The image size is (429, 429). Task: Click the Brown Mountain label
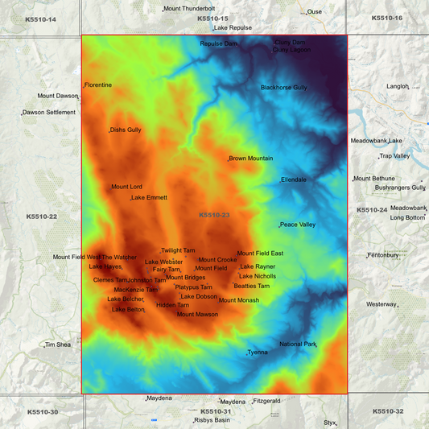[251, 159]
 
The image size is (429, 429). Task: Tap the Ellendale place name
[294, 179]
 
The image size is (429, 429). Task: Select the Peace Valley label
[298, 225]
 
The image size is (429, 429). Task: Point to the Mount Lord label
[126, 187]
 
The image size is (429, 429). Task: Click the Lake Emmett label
[150, 197]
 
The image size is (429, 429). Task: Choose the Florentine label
[98, 85]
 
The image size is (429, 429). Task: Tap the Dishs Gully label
[126, 130]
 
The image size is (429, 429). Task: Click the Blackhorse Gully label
[283, 87]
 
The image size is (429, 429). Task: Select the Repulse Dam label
[218, 43]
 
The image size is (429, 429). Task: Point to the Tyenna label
[258, 352]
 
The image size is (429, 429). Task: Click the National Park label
[298, 344]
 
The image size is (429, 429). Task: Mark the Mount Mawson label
[197, 314]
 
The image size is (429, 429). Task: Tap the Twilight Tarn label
[178, 250]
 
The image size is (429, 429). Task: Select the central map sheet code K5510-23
[214, 215]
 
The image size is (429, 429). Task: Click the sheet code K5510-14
[41, 18]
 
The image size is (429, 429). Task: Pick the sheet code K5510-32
[387, 410]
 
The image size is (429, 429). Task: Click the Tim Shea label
[58, 344]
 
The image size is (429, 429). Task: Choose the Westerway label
[382, 304]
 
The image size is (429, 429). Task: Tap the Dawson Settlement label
[49, 112]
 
